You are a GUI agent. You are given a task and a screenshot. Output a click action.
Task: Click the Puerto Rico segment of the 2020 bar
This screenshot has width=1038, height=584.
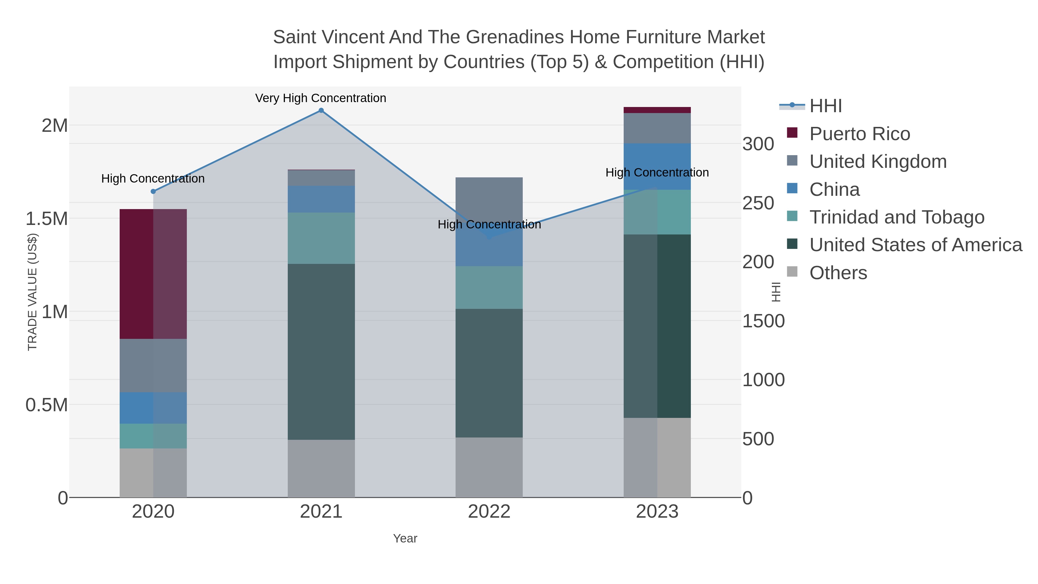coord(153,274)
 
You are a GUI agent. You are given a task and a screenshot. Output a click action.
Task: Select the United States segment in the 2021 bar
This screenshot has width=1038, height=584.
coord(321,352)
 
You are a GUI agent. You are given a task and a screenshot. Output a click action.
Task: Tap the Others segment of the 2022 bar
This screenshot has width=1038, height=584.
coord(489,467)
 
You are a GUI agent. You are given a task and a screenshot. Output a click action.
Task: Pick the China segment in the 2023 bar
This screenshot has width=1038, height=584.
coord(657,166)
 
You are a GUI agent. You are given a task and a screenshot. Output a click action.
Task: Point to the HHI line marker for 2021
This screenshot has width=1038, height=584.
coord(321,110)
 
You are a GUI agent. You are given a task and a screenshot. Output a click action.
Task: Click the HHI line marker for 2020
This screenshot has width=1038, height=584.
coord(153,191)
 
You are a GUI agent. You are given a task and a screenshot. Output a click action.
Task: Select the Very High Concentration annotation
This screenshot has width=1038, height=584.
coord(321,98)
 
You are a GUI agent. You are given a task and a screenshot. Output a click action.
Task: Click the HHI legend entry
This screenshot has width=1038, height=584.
coord(825,106)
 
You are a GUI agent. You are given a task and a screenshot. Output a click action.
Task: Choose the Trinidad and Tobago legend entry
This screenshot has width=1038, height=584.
coord(896,217)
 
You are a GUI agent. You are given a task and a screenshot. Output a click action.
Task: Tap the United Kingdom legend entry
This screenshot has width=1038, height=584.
coord(878,162)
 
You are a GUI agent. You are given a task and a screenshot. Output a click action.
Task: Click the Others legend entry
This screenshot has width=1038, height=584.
coord(838,273)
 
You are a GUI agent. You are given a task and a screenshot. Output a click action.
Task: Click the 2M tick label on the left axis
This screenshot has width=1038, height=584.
coord(55,126)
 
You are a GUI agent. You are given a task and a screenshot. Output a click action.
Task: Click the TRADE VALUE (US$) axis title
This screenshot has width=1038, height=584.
coord(32,292)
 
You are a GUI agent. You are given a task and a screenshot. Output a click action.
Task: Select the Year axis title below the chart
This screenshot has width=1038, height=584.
coord(405,538)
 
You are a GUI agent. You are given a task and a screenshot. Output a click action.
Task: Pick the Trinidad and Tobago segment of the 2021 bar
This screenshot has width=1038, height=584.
coord(321,238)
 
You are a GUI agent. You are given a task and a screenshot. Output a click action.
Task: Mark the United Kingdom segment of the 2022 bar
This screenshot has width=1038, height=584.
coord(489,200)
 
